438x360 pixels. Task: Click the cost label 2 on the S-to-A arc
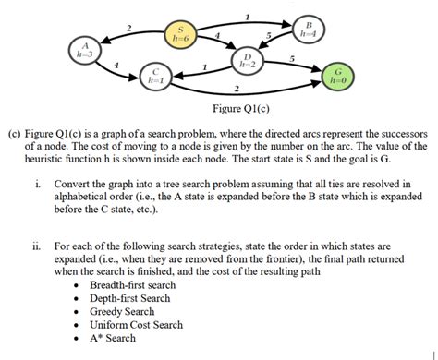tap(129, 25)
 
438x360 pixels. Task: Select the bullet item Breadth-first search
tap(132, 286)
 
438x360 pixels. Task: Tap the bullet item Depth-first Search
tap(129, 299)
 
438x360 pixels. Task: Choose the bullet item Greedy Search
tap(120, 312)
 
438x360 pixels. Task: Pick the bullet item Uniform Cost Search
tap(136, 325)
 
